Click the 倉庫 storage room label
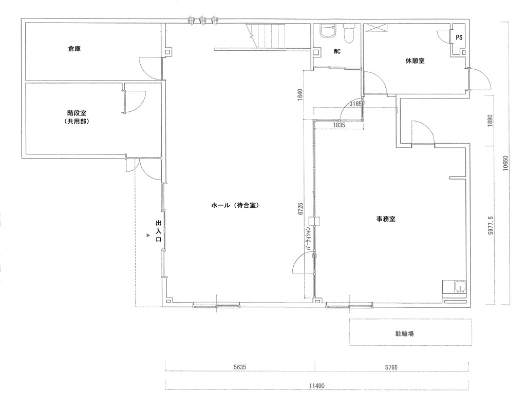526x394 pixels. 74,49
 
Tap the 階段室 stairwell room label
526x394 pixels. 77,114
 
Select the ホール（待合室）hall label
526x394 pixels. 236,205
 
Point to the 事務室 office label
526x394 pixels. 385,219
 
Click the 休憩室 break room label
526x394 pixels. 415,61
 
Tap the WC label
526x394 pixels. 337,51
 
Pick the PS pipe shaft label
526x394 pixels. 459,37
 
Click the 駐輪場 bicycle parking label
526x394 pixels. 405,333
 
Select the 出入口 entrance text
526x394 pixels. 158,231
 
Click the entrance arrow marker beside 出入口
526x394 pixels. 148,235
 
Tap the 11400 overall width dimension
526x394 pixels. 316,386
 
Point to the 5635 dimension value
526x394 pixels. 240,367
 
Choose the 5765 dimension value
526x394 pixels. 391,367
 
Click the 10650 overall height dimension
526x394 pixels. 505,163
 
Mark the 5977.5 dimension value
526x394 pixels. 491,226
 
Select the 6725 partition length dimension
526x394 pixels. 300,209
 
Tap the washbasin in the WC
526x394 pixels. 327,31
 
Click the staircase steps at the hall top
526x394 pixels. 267,36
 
